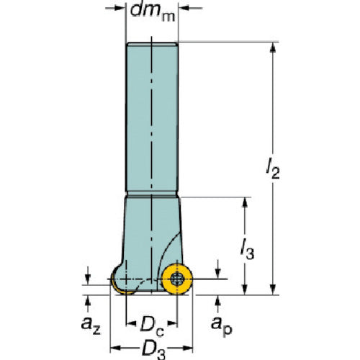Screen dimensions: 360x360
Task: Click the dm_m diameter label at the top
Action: click(x=153, y=12)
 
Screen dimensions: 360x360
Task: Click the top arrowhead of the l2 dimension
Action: click(x=274, y=46)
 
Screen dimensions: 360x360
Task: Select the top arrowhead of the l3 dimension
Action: click(x=247, y=202)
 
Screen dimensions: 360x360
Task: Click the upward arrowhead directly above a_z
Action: click(x=88, y=299)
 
